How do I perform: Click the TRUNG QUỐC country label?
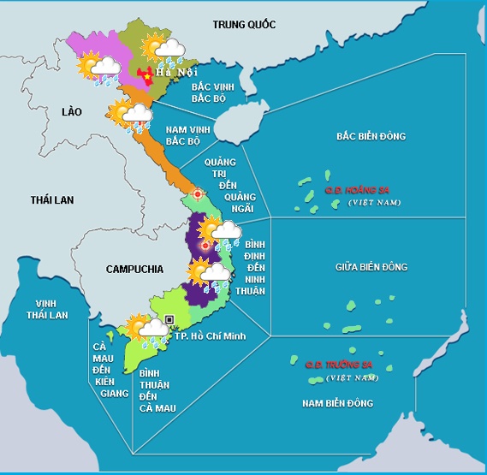click(x=244, y=25)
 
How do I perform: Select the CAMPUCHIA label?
click(x=134, y=269)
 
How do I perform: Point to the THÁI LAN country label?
click(x=52, y=199)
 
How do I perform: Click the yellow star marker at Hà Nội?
click(x=147, y=76)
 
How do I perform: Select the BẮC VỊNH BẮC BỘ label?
click(x=190, y=92)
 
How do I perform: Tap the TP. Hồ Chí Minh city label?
click(x=210, y=335)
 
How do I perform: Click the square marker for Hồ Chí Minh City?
click(x=169, y=319)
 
